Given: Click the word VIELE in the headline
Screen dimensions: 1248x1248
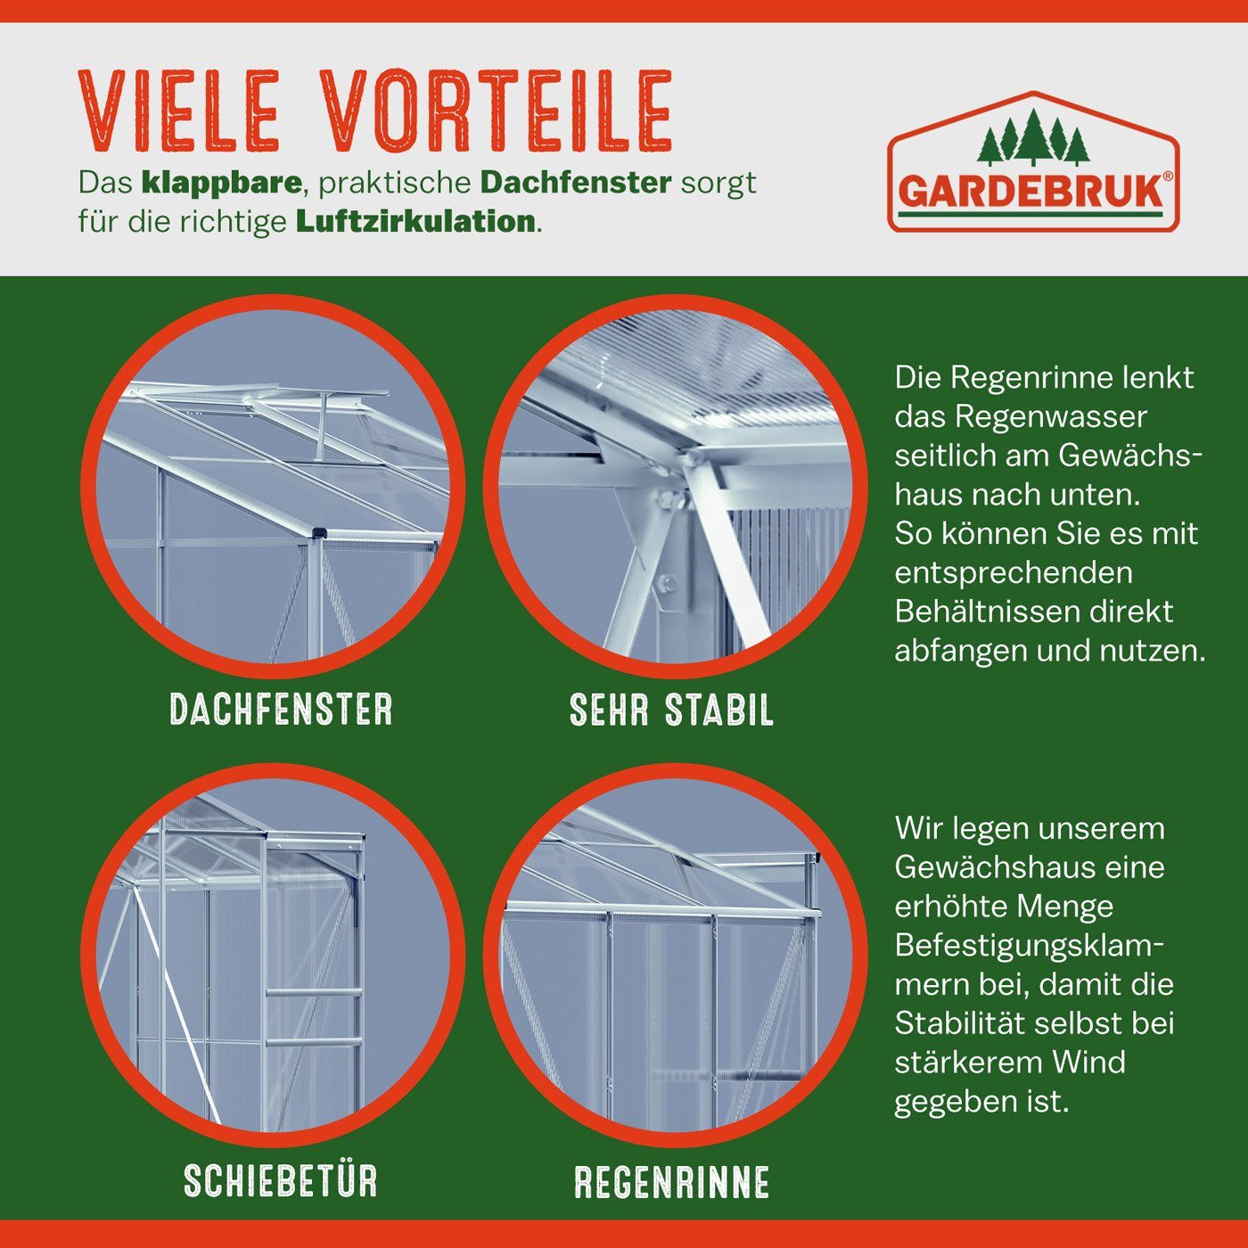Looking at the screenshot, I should click(x=178, y=111).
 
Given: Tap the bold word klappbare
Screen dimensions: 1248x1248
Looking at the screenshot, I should click(x=221, y=183).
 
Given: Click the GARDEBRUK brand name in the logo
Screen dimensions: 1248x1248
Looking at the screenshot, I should click(x=1030, y=192).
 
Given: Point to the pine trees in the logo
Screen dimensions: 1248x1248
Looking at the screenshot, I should click(x=1033, y=138).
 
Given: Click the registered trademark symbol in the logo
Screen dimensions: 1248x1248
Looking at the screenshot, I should click(x=1169, y=177).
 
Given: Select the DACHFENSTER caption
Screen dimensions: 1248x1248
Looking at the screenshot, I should click(x=281, y=710).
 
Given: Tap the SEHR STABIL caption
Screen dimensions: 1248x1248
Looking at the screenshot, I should click(x=671, y=710).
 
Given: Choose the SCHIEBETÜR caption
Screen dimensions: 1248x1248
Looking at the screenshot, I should click(x=281, y=1181).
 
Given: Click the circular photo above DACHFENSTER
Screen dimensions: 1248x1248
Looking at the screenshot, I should click(x=273, y=486).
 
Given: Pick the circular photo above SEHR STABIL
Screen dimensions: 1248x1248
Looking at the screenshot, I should click(x=675, y=486).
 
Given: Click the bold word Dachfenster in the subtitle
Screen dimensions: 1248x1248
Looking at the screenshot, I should click(x=575, y=183).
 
